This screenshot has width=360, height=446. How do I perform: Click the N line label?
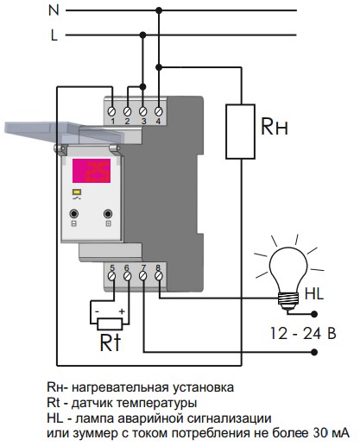(x=54, y=10)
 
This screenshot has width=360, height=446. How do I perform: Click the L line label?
(x=54, y=35)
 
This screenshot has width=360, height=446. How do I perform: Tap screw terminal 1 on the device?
(x=112, y=111)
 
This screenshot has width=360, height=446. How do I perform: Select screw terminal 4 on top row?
(x=158, y=111)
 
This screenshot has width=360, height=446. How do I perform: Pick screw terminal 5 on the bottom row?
(x=112, y=276)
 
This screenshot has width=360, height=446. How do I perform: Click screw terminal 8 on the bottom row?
(x=158, y=276)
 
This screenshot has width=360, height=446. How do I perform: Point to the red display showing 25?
(x=92, y=171)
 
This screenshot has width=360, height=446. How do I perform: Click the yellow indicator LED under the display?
(x=77, y=192)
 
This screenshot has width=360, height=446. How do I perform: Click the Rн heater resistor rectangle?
(x=240, y=131)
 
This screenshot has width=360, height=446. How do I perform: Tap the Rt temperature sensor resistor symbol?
(x=110, y=324)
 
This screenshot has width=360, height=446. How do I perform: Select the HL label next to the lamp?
(x=314, y=294)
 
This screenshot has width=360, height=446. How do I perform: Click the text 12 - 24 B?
(x=303, y=334)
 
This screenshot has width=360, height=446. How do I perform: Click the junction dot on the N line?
(x=159, y=10)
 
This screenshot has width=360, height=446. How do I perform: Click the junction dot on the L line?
(x=142, y=35)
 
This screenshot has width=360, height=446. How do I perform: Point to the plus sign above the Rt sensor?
(x=122, y=311)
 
